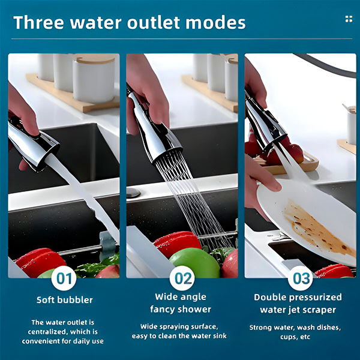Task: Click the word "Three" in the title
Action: (38, 23)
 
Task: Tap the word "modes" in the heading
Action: (215, 23)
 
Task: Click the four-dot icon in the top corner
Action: (349, 19)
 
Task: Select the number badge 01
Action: (64, 278)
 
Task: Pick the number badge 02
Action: (182, 278)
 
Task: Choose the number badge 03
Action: (301, 278)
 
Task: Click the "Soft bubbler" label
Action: (65, 300)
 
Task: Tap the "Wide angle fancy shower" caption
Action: (181, 303)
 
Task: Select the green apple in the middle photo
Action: (194, 263)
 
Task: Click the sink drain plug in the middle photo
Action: (133, 193)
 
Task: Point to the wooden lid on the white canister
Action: (94, 59)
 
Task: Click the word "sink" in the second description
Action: (220, 336)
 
